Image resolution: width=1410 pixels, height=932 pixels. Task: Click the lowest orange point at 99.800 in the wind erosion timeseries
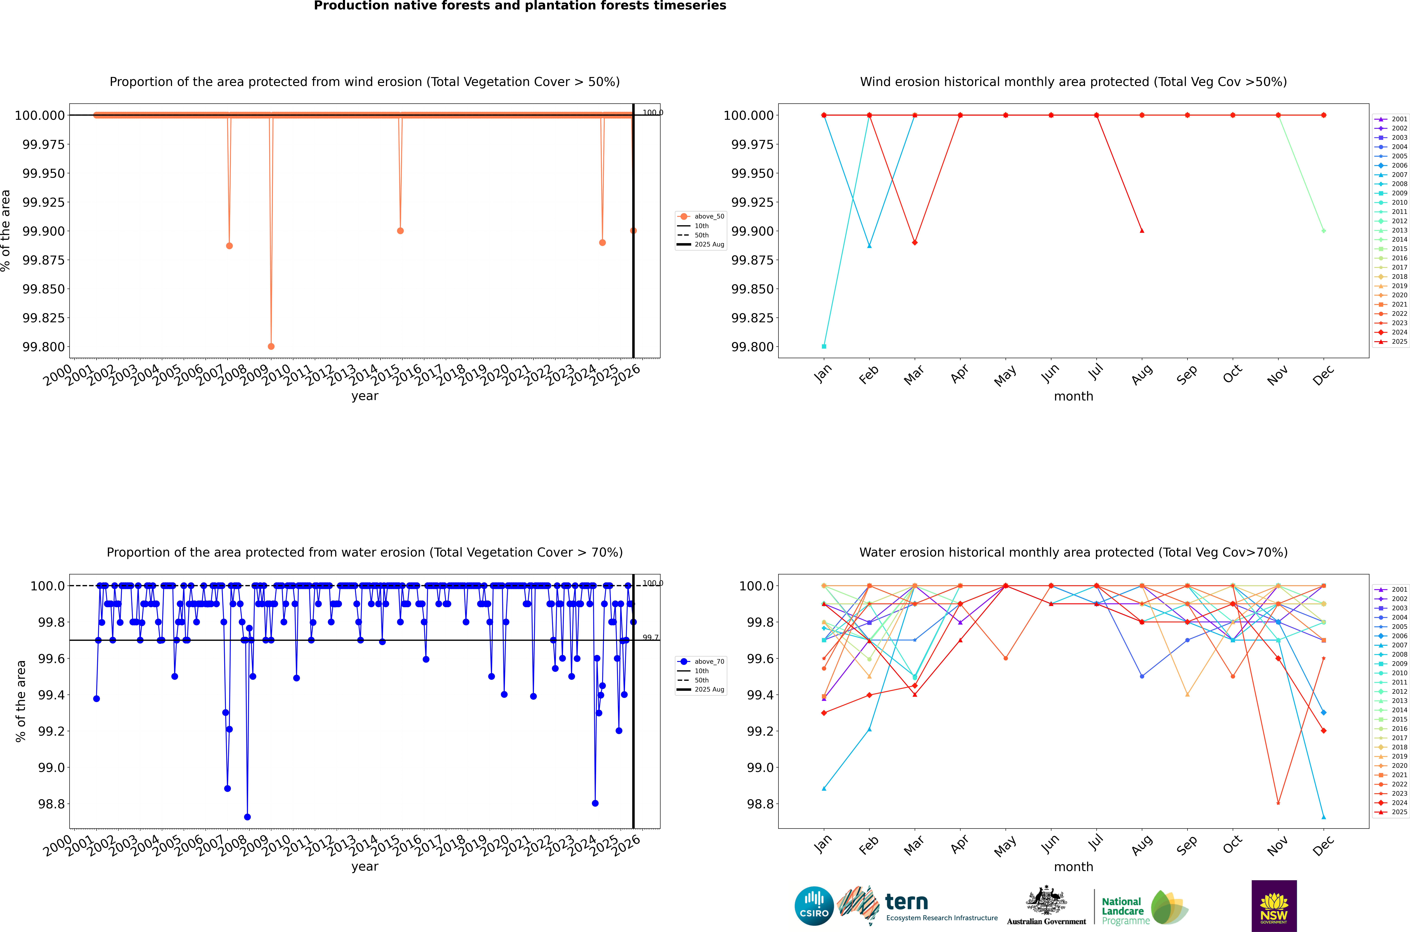point(271,347)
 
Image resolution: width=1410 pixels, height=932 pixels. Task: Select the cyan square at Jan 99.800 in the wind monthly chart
point(824,347)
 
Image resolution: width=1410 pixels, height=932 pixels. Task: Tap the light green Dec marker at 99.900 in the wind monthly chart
point(1323,231)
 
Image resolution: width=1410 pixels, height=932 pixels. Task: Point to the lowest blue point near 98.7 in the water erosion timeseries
point(247,817)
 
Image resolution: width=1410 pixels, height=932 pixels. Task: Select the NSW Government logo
point(1273,906)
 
